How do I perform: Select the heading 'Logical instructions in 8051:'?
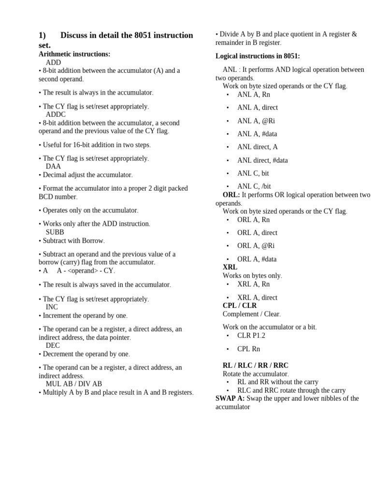click(257, 56)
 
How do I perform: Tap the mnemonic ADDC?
click(56, 114)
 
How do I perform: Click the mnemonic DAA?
click(53, 166)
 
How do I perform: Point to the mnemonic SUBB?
click(55, 232)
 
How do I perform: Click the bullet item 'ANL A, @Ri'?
click(256, 121)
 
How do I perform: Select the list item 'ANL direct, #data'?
click(262, 160)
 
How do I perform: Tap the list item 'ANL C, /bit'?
click(254, 186)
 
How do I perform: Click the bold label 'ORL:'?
click(231, 194)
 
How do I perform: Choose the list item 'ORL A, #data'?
click(257, 259)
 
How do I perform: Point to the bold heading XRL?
click(230, 267)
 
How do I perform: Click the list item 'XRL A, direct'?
click(257, 298)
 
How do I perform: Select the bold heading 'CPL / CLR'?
click(240, 305)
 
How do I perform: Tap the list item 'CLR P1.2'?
click(251, 335)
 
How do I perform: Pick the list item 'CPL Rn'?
click(249, 349)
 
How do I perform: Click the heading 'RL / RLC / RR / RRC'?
click(256, 365)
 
